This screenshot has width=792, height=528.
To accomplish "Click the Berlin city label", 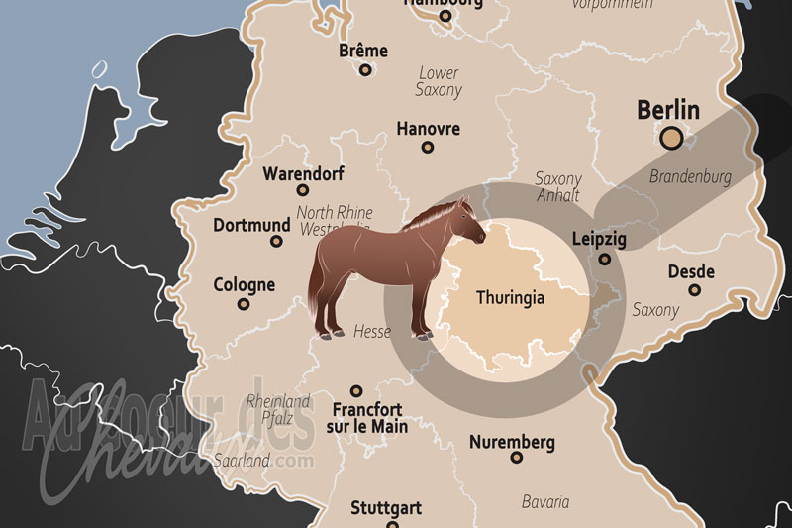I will (x=668, y=109).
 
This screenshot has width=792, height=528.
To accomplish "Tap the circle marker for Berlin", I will (x=671, y=139).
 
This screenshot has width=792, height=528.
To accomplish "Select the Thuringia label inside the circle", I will (x=510, y=297).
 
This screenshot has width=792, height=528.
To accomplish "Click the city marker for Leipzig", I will (x=605, y=261).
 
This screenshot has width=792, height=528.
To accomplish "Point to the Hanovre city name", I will (x=428, y=129).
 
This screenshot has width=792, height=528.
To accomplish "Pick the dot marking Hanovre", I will (x=428, y=148).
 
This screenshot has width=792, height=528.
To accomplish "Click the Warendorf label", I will (x=303, y=174).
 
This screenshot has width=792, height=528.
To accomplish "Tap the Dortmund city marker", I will (x=277, y=241).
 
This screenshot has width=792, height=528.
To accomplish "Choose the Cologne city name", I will (x=245, y=285).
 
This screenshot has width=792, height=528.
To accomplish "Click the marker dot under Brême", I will (x=365, y=70).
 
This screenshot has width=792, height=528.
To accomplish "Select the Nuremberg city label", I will (x=512, y=442).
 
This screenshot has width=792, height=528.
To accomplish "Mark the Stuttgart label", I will (x=386, y=508).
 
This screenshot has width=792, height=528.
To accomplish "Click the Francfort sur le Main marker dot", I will (x=357, y=391).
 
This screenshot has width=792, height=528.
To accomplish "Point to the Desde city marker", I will (x=694, y=290).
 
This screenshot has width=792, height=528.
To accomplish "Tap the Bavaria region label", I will (x=545, y=501).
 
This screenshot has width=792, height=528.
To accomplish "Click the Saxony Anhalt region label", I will (x=558, y=187).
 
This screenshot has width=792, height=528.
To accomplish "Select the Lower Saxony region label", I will (x=440, y=81).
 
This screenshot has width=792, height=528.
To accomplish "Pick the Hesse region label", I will (x=372, y=332).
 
